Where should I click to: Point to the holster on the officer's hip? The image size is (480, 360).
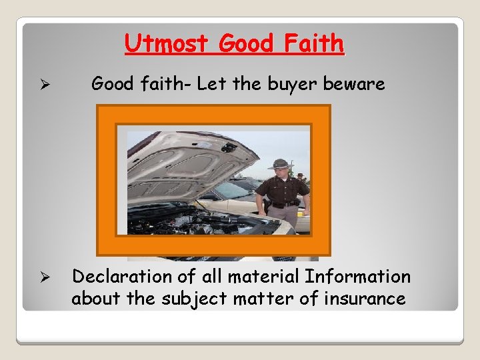point(267,209)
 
